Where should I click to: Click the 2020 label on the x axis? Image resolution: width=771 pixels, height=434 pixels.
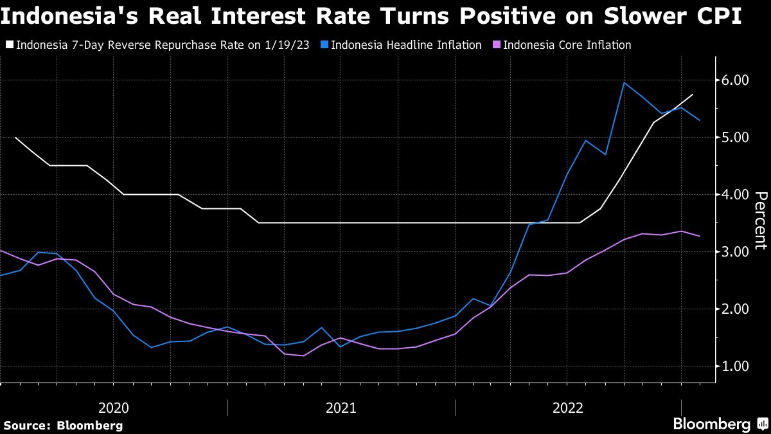114,408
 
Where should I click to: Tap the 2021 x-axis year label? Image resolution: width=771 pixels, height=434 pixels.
341,408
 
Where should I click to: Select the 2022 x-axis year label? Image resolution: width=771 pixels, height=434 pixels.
568,408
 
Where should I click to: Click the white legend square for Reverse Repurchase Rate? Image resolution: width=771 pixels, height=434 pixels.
8,45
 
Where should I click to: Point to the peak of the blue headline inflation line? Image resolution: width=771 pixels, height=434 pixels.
624,82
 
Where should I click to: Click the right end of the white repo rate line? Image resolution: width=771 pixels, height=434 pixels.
693,95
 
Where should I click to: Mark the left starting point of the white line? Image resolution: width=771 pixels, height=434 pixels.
15,138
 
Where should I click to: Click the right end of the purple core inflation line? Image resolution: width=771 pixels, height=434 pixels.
700,236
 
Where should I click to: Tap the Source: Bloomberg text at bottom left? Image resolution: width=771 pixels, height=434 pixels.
63,425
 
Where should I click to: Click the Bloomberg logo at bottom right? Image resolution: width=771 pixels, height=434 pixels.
711,424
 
